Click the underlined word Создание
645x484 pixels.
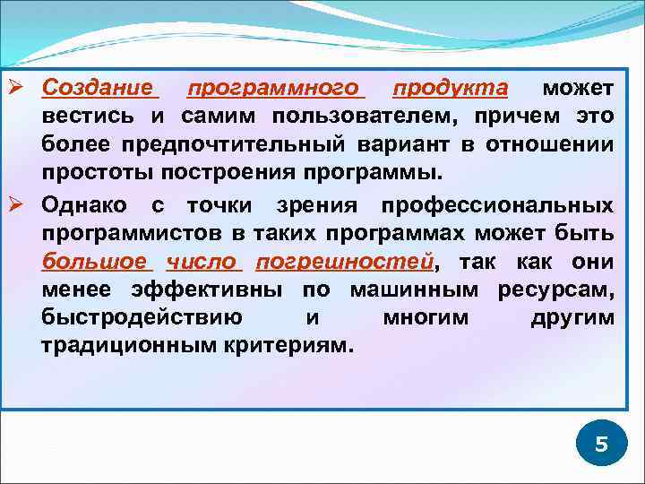tap(99, 88)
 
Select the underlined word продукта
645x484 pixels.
tap(450, 88)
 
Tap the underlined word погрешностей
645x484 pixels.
tap(344, 262)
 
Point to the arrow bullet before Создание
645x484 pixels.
tap(24, 88)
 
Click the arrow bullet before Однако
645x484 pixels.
tap(24, 204)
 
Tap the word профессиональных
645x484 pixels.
tap(497, 204)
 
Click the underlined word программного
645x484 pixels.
tap(273, 88)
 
